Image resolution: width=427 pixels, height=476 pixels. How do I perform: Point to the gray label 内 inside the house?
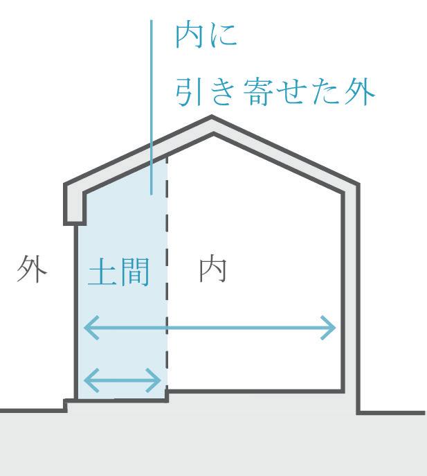point(214,271)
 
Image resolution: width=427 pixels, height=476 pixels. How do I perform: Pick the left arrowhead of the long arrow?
point(89,327)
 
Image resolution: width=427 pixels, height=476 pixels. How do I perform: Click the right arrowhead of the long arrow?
point(330,327)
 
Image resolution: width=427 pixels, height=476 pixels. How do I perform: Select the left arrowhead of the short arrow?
point(89,379)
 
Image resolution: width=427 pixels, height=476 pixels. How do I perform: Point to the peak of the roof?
point(212,121)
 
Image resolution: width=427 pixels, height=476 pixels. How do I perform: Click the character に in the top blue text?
point(223,37)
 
